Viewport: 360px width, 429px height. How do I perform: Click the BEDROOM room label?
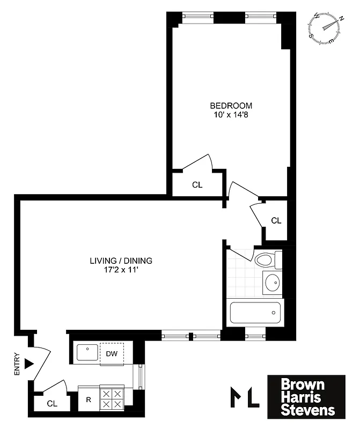point(231,106)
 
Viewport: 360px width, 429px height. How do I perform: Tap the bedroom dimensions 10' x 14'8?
point(231,115)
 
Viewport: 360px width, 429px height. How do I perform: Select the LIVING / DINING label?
point(121,261)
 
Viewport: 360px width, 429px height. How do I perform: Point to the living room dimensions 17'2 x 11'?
point(121,270)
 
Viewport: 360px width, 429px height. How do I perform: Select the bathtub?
point(255,312)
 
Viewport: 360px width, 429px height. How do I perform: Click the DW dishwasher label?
point(112,353)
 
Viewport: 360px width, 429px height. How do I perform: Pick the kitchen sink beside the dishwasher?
point(86,353)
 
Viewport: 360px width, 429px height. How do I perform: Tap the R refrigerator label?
point(88,400)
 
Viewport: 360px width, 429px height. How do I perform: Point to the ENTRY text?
point(17,364)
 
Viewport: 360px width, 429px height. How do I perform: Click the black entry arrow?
point(29,364)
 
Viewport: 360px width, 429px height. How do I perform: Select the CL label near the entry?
point(52,403)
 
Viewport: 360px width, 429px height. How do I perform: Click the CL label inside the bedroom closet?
point(197,185)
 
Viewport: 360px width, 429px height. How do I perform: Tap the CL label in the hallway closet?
point(276,220)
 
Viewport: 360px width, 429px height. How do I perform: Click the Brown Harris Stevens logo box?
point(306,397)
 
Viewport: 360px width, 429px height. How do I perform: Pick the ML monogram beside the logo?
point(245,397)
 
